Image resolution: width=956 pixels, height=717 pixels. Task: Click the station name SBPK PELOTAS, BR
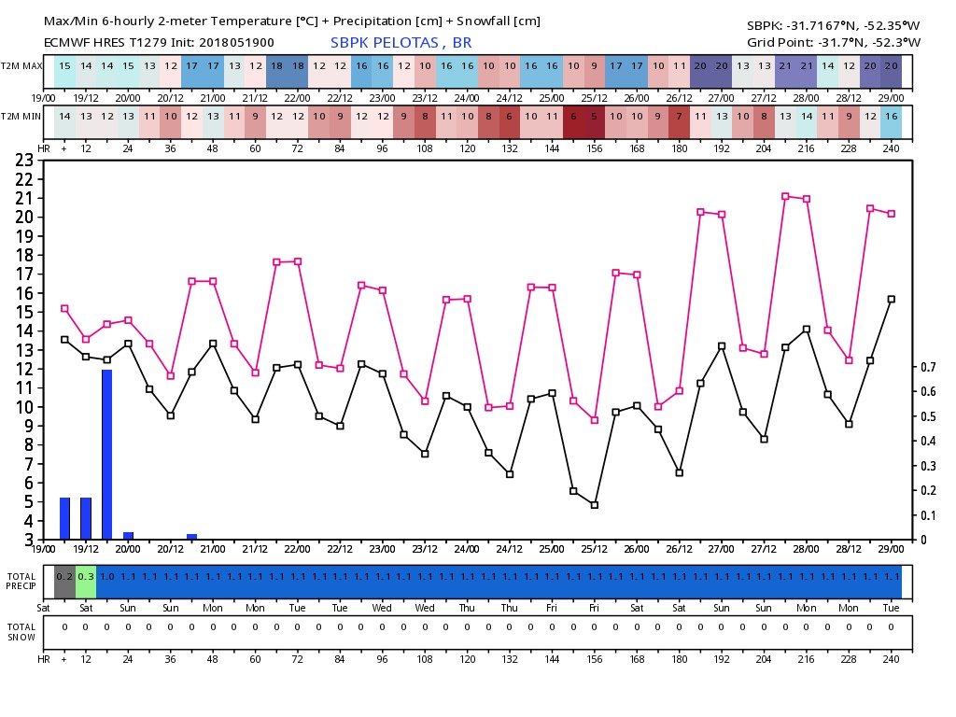(x=401, y=42)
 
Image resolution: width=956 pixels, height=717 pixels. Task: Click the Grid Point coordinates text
(x=834, y=42)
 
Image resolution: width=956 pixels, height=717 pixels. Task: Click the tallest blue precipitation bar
(x=107, y=455)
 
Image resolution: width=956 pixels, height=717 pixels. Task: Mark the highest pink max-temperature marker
(x=785, y=196)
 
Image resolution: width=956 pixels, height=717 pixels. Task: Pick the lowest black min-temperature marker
(x=595, y=505)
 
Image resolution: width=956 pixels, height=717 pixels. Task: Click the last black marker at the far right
(x=892, y=299)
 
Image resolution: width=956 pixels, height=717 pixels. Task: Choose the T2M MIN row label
(x=21, y=116)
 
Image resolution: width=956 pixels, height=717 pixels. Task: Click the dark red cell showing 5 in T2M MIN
(x=595, y=116)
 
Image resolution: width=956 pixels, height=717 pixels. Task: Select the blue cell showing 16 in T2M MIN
(x=892, y=116)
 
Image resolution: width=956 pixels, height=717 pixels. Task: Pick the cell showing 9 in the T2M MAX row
(x=595, y=67)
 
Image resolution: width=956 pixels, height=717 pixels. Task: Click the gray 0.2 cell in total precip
(x=64, y=577)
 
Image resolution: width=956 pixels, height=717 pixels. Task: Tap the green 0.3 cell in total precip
(x=86, y=577)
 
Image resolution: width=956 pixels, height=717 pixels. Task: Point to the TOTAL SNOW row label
(x=21, y=632)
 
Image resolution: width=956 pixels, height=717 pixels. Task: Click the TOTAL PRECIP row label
(x=21, y=581)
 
